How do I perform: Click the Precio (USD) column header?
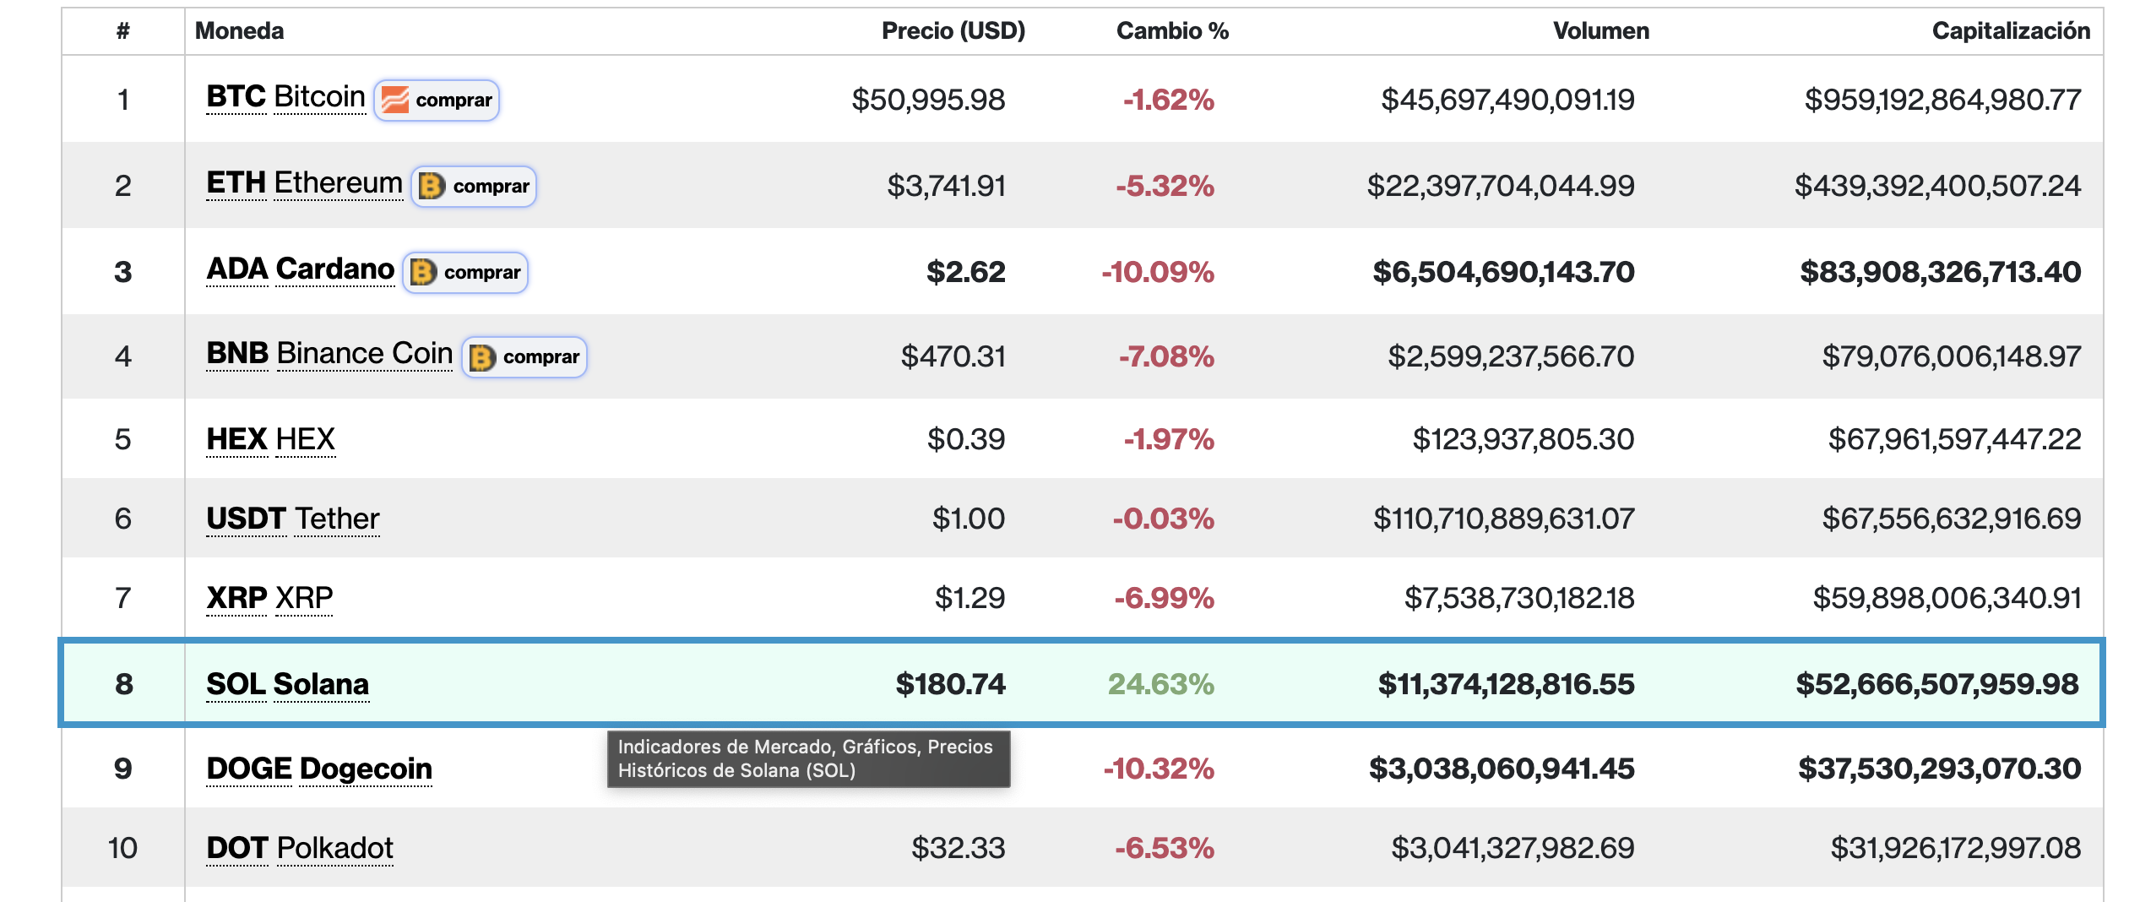953,31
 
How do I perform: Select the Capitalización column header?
2011,31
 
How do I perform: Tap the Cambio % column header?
1172,31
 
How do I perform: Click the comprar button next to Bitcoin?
437,100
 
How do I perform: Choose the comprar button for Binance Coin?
524,356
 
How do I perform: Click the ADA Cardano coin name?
301,269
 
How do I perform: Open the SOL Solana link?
288,684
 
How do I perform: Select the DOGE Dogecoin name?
319,769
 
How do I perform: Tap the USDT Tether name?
293,519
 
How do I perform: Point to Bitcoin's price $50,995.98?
928,100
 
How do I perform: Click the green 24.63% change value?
1160,684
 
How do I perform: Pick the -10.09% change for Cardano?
1157,272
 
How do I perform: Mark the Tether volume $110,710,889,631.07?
1504,519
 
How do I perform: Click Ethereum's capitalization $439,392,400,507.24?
1937,186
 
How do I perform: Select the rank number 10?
122,848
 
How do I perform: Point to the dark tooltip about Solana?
808,758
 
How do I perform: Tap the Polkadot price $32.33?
959,848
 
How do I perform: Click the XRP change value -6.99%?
1164,598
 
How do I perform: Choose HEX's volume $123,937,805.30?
1524,439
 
